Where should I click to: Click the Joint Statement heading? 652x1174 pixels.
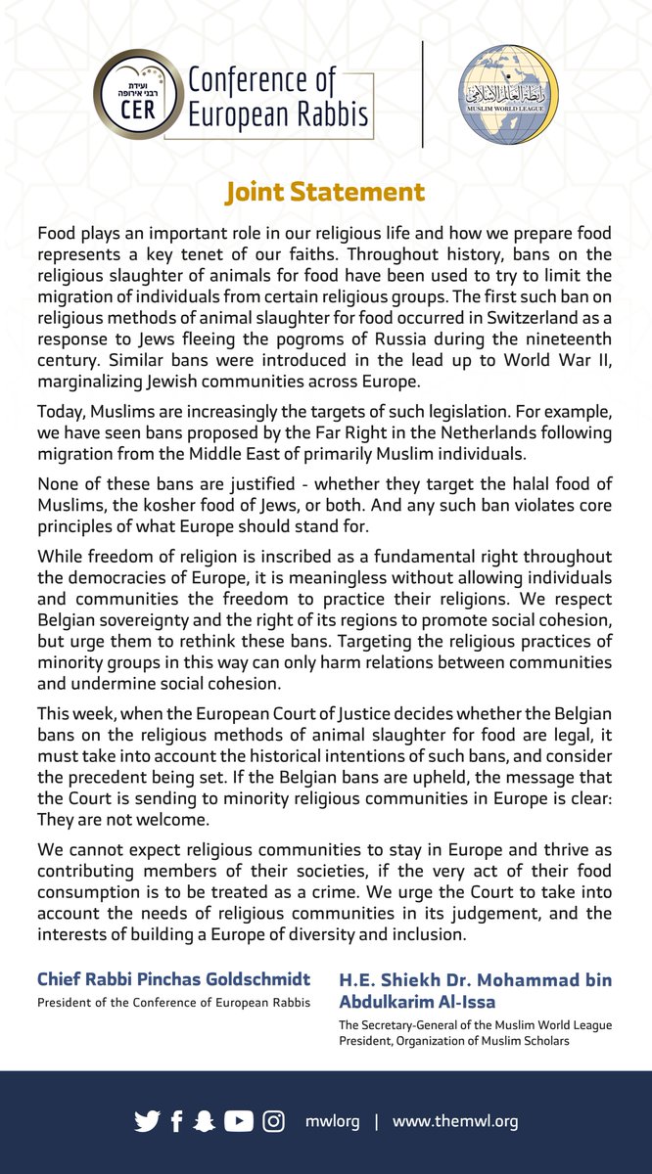coord(325,192)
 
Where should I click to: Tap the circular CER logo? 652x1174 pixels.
coord(137,94)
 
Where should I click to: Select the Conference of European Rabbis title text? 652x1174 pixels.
coord(278,98)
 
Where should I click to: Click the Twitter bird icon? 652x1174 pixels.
coord(147,1121)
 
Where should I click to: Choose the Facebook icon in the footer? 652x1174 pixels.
coord(176,1121)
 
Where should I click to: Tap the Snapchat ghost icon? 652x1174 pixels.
coord(204,1121)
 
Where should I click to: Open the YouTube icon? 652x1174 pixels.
coord(238,1121)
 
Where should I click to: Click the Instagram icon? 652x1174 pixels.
coord(273,1121)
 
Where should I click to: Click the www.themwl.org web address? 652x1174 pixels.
coord(455,1121)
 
